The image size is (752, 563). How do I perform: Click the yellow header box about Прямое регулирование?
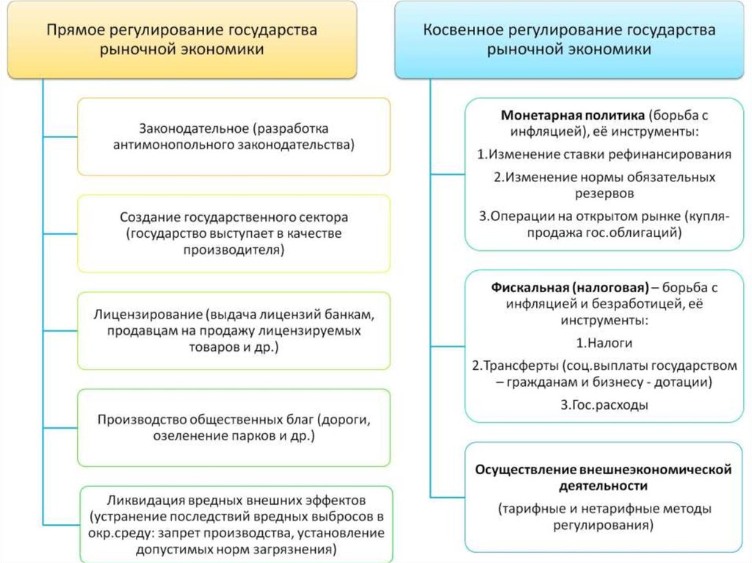(x=182, y=40)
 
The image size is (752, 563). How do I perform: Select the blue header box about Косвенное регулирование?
(x=568, y=40)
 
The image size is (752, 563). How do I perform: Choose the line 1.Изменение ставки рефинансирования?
(x=604, y=154)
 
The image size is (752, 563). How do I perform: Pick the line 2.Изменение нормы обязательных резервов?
(x=604, y=185)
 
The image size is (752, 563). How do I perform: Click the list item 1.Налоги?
(x=604, y=343)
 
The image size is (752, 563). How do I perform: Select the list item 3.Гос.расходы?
(x=604, y=404)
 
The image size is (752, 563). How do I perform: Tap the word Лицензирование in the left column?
(x=147, y=314)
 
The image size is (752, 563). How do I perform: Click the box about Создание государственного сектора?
(x=234, y=233)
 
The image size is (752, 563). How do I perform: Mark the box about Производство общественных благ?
(x=234, y=428)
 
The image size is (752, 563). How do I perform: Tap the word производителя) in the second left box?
(x=234, y=250)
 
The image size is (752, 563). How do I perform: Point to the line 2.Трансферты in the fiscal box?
(x=514, y=365)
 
